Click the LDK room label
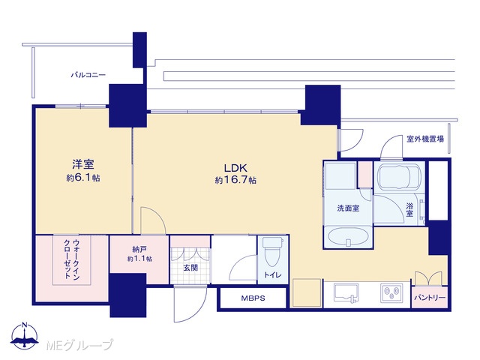click(235, 168)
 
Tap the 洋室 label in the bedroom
click(83, 164)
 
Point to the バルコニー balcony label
click(88, 75)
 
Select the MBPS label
click(253, 298)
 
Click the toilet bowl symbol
click(273, 252)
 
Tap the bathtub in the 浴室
click(399, 178)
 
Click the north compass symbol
click(25, 335)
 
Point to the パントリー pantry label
click(430, 298)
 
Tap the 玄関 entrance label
click(190, 268)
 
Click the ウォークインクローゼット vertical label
click(72, 259)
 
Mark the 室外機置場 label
click(425, 139)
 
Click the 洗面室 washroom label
click(348, 208)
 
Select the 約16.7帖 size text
click(235, 180)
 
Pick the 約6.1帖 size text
click(83, 178)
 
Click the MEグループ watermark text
click(79, 345)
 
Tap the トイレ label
click(272, 275)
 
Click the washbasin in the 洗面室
click(348, 236)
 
